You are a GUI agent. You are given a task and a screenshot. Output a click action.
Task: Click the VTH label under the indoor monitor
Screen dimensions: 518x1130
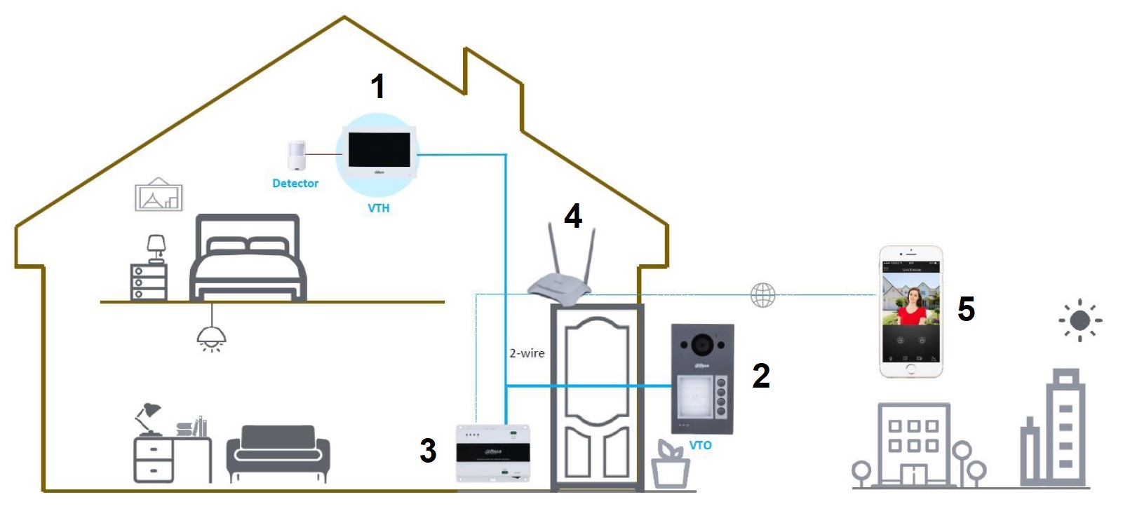tap(378, 208)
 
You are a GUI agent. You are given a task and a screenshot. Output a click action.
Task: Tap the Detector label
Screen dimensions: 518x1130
tap(295, 183)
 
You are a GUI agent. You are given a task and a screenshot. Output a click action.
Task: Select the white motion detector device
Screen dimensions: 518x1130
tap(297, 156)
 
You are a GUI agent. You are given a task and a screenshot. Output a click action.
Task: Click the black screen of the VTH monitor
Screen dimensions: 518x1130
tap(379, 149)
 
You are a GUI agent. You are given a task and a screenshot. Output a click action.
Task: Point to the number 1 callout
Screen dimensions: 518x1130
tap(378, 86)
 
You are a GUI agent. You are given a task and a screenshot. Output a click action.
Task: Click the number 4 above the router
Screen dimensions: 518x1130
tap(573, 216)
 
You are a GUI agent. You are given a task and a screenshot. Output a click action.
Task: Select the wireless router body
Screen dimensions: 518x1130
tap(559, 284)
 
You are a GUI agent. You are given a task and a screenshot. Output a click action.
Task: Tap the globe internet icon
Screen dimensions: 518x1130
tap(763, 295)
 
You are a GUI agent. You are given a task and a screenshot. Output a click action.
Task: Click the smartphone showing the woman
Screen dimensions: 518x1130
tap(911, 311)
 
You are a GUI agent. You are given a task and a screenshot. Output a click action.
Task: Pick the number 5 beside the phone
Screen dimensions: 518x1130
tap(966, 308)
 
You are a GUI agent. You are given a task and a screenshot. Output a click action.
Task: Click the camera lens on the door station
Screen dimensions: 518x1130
tap(700, 344)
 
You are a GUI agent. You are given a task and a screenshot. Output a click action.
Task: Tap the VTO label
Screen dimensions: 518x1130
tap(700, 445)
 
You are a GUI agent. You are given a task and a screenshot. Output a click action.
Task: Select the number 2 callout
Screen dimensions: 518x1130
tap(761, 376)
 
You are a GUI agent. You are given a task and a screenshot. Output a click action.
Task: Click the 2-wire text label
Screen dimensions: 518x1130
tap(527, 353)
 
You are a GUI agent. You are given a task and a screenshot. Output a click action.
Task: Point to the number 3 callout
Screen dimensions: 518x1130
tap(428, 450)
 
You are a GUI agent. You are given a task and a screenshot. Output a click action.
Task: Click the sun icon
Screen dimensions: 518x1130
tap(1080, 320)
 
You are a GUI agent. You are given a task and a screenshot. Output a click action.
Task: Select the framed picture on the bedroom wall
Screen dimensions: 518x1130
tap(159, 196)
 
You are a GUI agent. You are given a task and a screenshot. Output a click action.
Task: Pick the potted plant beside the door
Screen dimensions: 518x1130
tap(670, 463)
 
